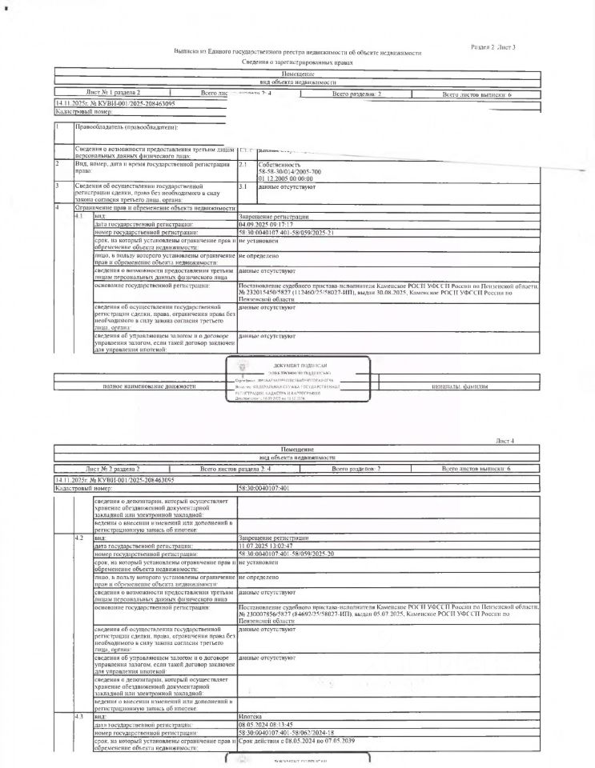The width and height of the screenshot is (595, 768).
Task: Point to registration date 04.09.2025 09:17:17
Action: coord(269,225)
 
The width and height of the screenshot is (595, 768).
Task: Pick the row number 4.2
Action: coord(78,538)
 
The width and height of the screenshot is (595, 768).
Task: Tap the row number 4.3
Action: coord(78,717)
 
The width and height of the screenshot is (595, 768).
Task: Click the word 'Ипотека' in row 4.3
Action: coord(251,717)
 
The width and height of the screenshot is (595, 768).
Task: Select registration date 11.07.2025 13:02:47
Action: coord(269,545)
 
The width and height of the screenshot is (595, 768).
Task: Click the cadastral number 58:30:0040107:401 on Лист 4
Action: coord(264,487)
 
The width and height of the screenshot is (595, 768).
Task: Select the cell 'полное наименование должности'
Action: coord(149,386)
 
